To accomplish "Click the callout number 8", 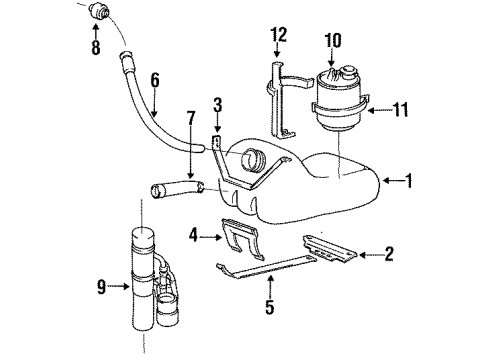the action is (x=96, y=48).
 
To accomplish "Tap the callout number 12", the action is (x=279, y=35).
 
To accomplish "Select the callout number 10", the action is (x=333, y=41).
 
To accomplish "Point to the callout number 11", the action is (x=401, y=110).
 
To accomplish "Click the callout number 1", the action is (x=409, y=181).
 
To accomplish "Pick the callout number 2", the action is (x=389, y=254).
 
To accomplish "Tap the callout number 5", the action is (x=270, y=307).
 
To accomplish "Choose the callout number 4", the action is (x=193, y=236).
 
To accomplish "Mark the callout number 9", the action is (x=101, y=287).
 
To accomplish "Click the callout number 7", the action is (x=190, y=119).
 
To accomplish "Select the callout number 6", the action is (x=155, y=80).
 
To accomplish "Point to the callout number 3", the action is (x=217, y=105).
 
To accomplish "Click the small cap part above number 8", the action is (x=99, y=11).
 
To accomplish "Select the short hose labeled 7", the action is (x=177, y=189).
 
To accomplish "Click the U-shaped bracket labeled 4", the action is (x=242, y=237).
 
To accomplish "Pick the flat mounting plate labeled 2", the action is (x=328, y=247).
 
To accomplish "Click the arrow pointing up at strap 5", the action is (x=270, y=286).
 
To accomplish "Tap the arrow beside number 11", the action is (x=380, y=110).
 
